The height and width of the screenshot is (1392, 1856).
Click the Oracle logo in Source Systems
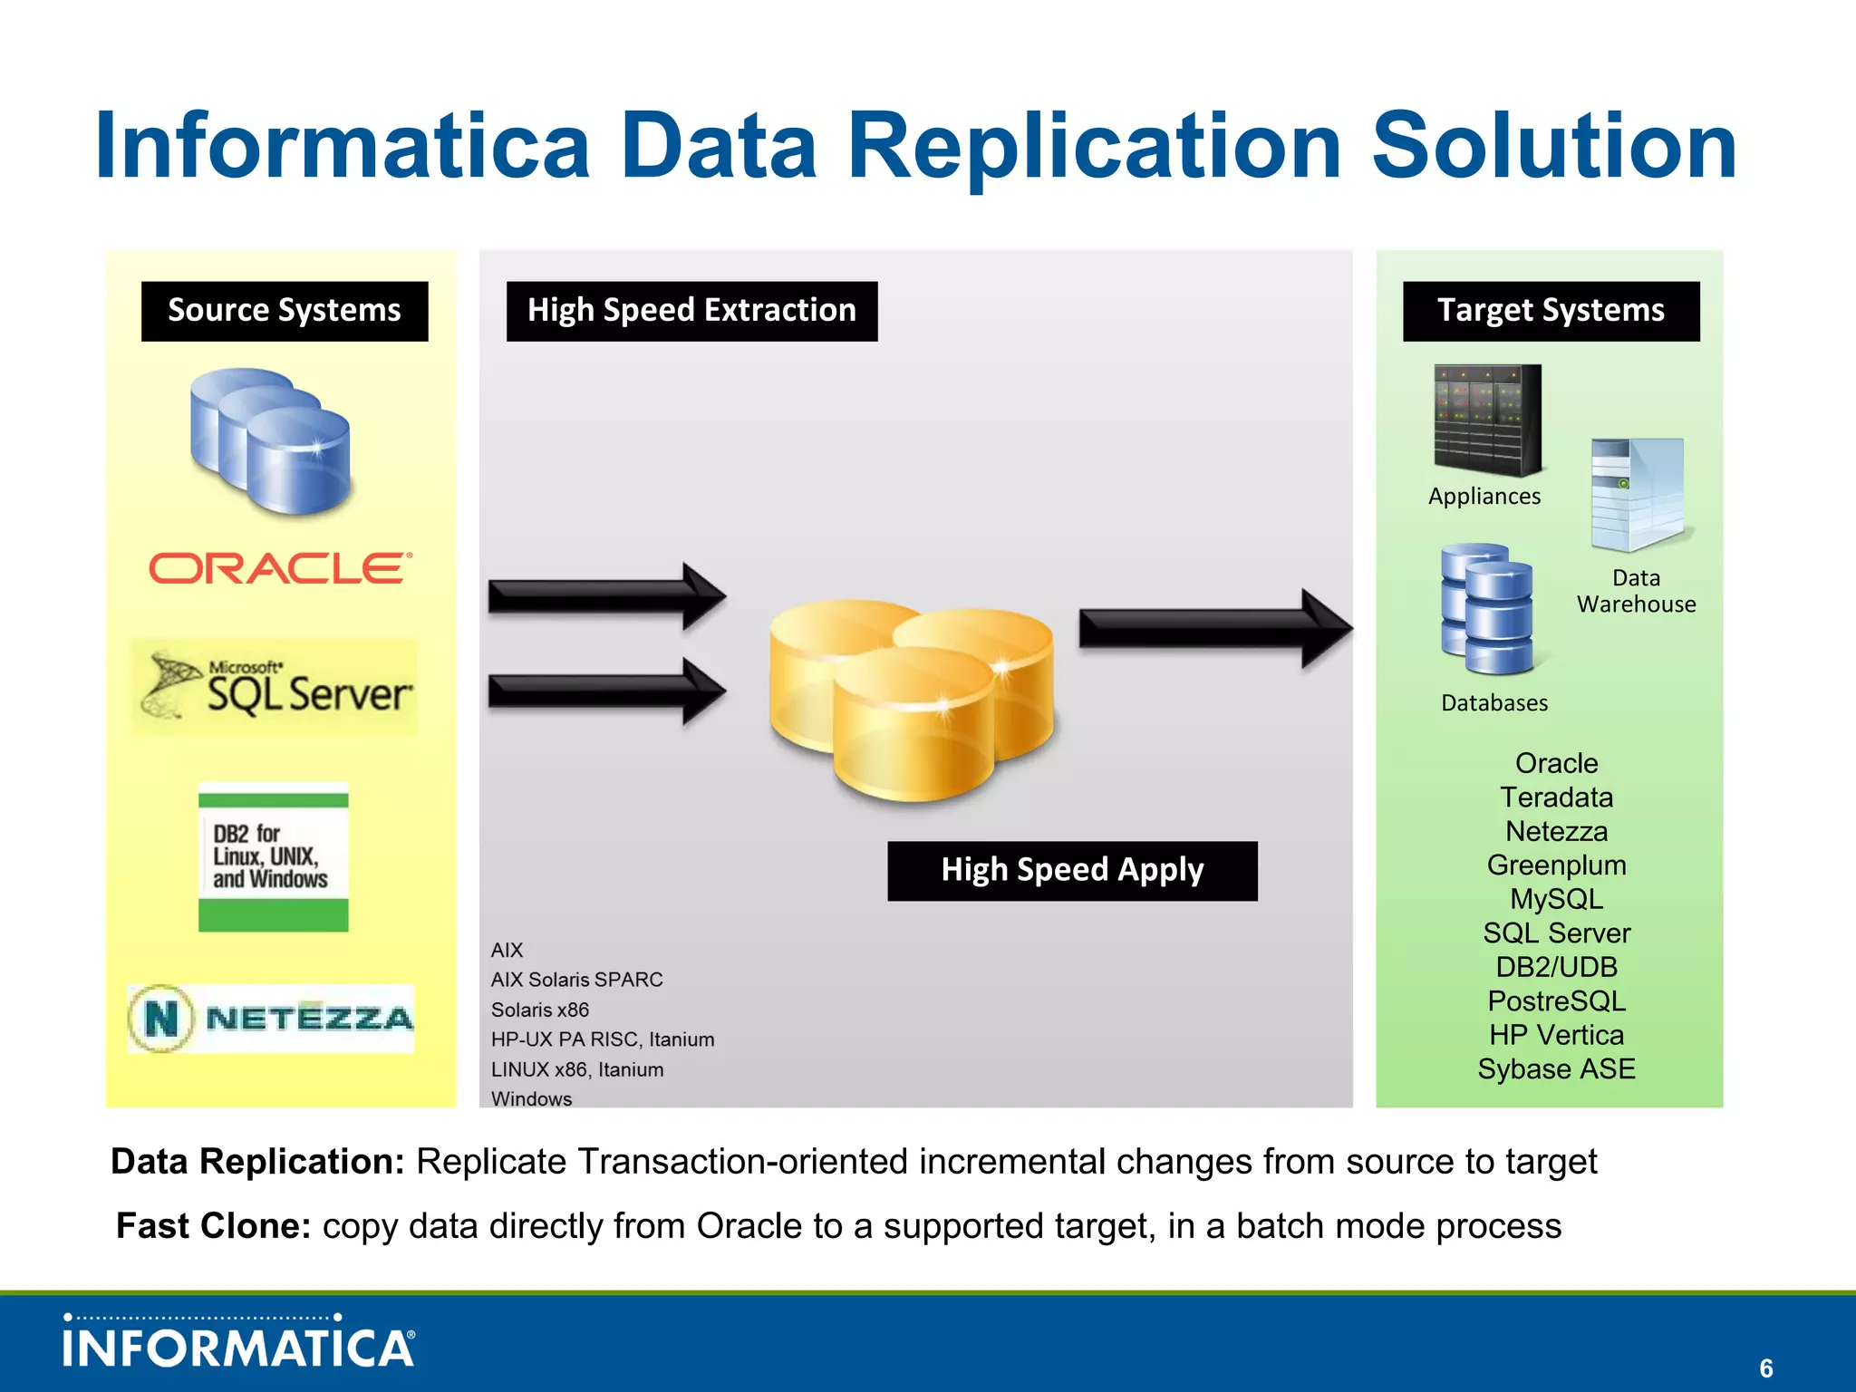click(x=279, y=569)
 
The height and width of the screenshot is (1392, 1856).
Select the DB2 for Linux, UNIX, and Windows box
click(x=273, y=857)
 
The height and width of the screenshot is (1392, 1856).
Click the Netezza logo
click(x=271, y=1019)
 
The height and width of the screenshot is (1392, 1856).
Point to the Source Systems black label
click(x=285, y=311)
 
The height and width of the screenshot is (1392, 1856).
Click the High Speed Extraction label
click(x=691, y=311)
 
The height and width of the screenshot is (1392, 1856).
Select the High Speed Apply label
click(x=1072, y=871)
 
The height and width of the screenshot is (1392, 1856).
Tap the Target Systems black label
click(x=1551, y=311)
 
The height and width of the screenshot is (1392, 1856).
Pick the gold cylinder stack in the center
click(x=911, y=699)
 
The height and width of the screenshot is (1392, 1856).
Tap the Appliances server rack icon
click(x=1487, y=420)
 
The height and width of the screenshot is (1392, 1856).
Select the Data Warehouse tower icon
click(x=1638, y=495)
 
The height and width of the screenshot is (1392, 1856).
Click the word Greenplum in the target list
click(x=1556, y=865)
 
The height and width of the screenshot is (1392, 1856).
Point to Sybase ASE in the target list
click(x=1556, y=1069)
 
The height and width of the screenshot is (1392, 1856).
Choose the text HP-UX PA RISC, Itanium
click(x=603, y=1039)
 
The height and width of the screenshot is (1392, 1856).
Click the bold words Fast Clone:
click(x=214, y=1226)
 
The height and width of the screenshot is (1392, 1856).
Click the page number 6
click(x=1765, y=1368)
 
